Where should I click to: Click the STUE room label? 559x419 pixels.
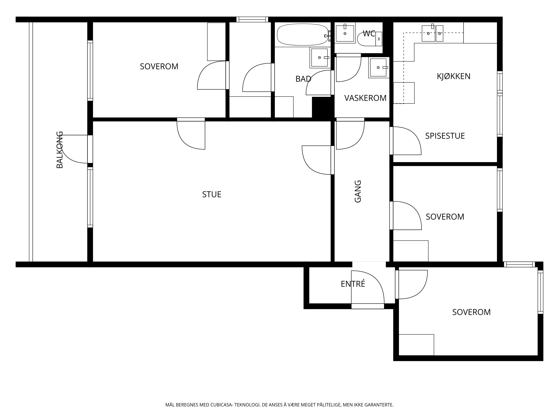(212, 194)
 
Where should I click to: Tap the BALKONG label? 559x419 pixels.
(60, 150)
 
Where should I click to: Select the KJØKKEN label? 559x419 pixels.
(454, 76)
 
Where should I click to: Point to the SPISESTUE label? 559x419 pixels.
(445, 136)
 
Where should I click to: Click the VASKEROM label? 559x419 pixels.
(365, 98)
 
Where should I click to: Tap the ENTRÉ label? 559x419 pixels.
(353, 284)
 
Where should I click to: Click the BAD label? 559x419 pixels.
(303, 79)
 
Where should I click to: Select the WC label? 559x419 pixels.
(369, 34)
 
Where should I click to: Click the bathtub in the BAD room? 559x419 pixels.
(303, 35)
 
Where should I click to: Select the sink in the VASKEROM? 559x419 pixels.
(379, 67)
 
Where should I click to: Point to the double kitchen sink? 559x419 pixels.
(432, 33)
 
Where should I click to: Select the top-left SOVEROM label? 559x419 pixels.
(159, 66)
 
